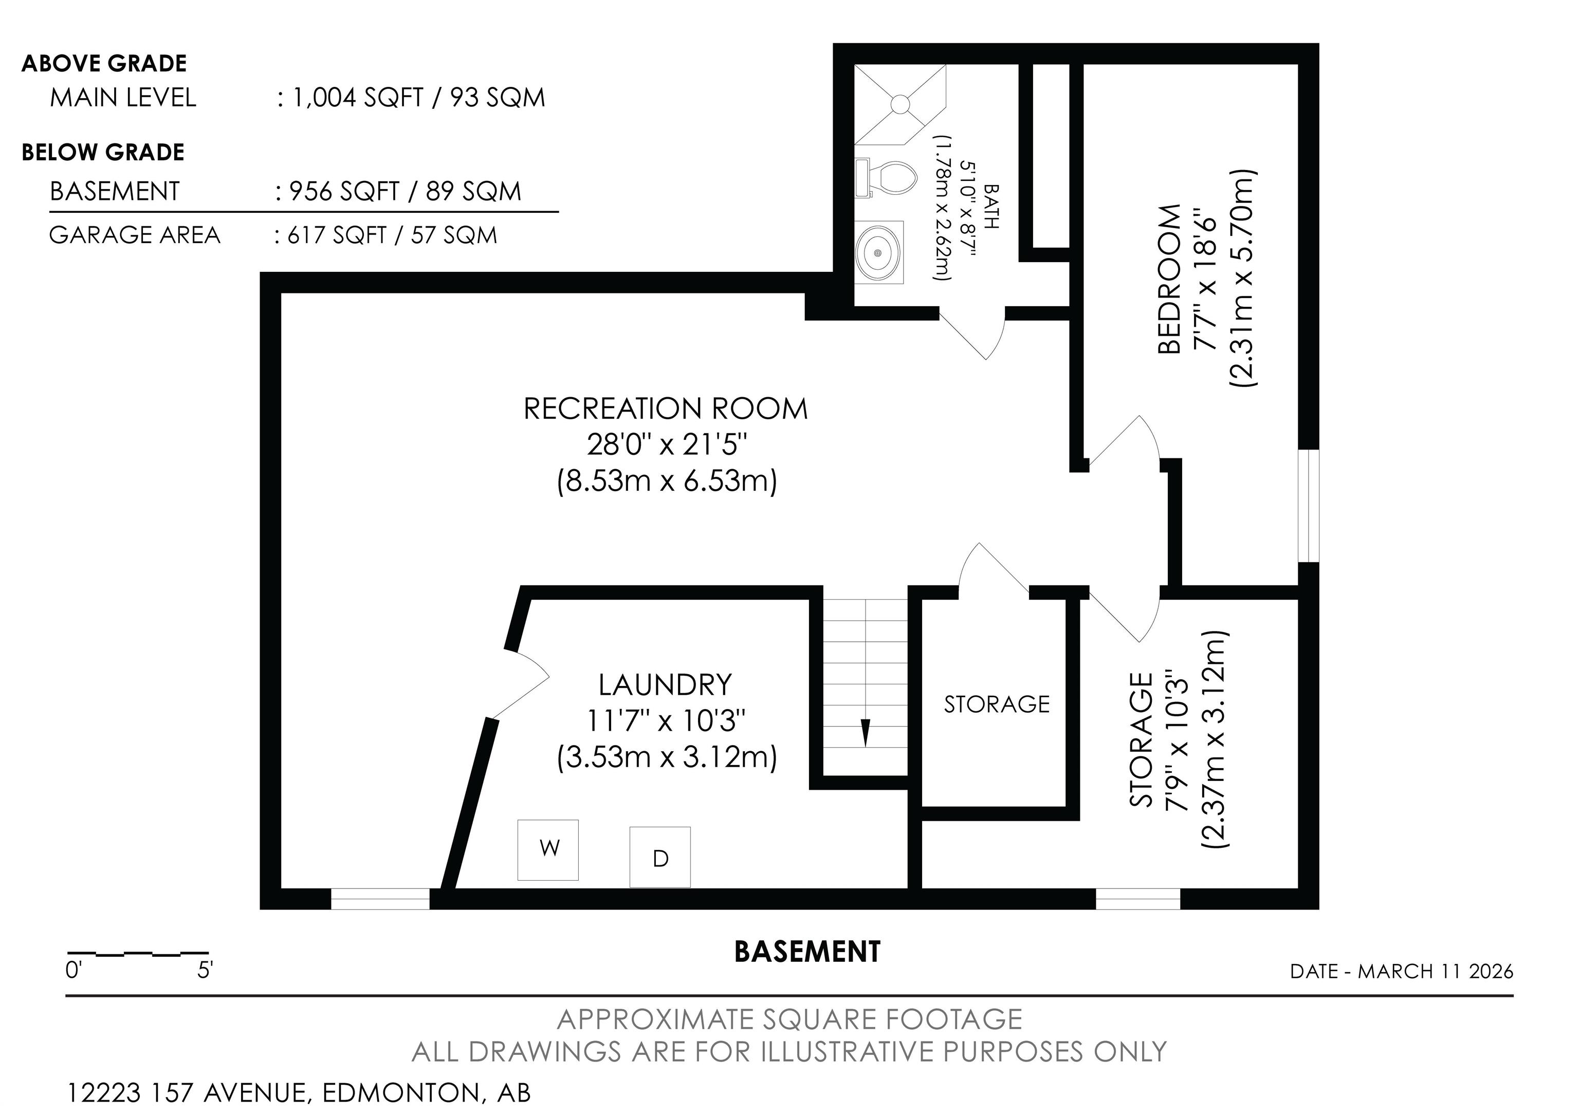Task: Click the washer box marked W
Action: click(548, 850)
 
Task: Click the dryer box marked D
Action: click(660, 857)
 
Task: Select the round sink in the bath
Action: click(879, 252)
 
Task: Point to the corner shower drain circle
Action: click(901, 104)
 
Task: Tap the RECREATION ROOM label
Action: click(666, 409)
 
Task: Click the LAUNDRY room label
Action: click(665, 685)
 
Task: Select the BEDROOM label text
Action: click(1169, 278)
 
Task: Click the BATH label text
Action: click(991, 206)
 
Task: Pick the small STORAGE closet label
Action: click(997, 704)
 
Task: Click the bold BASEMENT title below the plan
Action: click(807, 952)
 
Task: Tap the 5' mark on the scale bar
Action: click(205, 971)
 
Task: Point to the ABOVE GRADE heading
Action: click(104, 63)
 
